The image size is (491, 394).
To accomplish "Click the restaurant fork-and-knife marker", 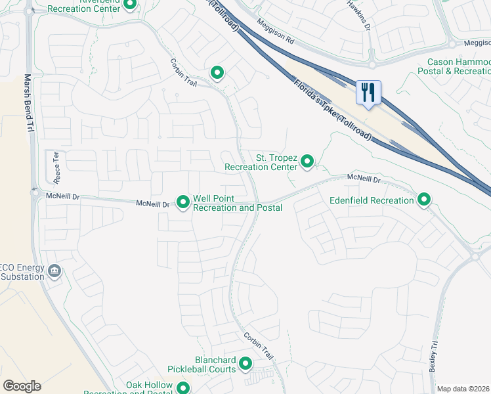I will pyautogui.click(x=368, y=91).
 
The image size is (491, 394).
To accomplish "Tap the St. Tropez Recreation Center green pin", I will pyautogui.click(x=307, y=160).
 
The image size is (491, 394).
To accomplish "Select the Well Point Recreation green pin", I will pyautogui.click(x=183, y=202).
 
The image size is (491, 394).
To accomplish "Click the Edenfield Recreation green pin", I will pyautogui.click(x=424, y=199).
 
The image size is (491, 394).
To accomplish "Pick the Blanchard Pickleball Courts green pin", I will pyautogui.click(x=245, y=363).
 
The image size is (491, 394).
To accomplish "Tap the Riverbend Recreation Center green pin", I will pyautogui.click(x=130, y=5).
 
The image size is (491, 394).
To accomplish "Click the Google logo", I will pyautogui.click(x=22, y=386).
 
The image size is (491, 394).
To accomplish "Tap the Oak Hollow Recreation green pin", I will pyautogui.click(x=183, y=390).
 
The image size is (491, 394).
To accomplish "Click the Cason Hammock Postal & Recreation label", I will pyautogui.click(x=454, y=66).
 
